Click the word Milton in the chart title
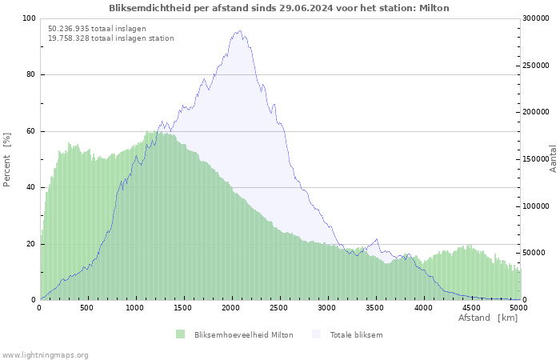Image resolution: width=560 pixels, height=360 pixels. [x=434, y=8]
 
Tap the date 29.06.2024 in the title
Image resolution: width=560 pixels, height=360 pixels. [x=304, y=8]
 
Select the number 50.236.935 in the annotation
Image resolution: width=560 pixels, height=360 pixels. [x=69, y=29]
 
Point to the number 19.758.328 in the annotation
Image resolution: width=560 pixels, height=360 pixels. [x=69, y=38]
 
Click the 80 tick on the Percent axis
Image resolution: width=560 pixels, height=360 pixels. [x=31, y=74]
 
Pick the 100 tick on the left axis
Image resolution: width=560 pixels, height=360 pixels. [x=30, y=18]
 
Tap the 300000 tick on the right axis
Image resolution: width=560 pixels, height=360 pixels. [x=536, y=18]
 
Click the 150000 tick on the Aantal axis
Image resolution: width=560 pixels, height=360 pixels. [x=536, y=159]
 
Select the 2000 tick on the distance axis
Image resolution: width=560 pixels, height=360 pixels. [x=231, y=308]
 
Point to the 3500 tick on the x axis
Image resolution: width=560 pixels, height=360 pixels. [x=375, y=308]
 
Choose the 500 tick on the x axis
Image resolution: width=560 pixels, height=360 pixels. [x=87, y=308]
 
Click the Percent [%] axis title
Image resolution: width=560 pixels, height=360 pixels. [x=6, y=160]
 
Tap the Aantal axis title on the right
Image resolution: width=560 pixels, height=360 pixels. [x=553, y=159]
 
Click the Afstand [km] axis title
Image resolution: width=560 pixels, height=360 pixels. [x=488, y=318]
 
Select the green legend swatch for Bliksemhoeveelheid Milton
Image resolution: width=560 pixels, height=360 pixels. [x=180, y=334]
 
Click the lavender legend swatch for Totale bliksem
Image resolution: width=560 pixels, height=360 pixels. [x=316, y=334]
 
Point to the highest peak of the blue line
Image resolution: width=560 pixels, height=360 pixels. [x=240, y=30]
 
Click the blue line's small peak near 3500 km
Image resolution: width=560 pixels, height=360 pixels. [x=376, y=239]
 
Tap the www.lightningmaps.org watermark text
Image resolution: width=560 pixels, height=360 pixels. [x=45, y=355]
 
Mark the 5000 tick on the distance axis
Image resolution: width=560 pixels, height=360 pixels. [x=519, y=308]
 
